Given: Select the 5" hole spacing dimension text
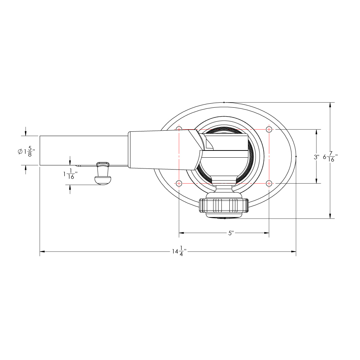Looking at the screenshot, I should [x=231, y=233].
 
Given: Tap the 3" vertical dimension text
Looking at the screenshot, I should [x=316, y=157].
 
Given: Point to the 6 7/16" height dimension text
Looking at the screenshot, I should [x=330, y=157].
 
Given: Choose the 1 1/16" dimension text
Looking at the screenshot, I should [x=69, y=174].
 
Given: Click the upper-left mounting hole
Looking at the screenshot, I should [x=179, y=129].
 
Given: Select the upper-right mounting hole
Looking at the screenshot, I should [x=269, y=129].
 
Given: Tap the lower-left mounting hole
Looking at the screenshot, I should [x=179, y=183].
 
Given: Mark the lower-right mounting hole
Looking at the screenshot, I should [x=269, y=183].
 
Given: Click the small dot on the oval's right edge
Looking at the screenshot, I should [x=296, y=157].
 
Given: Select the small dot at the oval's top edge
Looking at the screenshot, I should [x=224, y=103].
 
